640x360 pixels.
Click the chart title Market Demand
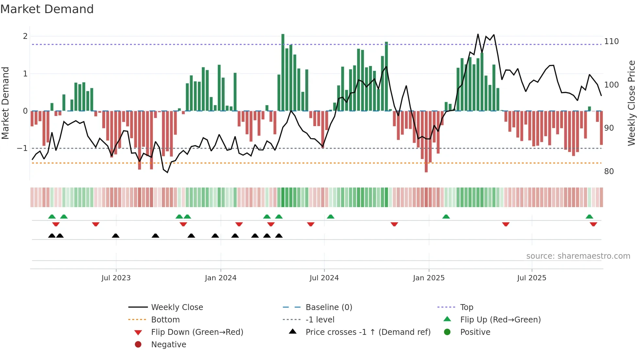point(47,9)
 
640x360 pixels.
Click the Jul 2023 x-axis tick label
point(116,278)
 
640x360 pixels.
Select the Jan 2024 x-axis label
point(220,278)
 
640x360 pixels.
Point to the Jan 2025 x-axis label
point(428,278)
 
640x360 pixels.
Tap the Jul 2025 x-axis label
point(531,278)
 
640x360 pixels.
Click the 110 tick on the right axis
point(611,41)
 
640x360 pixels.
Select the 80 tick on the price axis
point(609,172)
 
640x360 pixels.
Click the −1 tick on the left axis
point(22,148)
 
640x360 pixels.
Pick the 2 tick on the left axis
point(25,36)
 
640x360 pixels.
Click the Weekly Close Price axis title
point(632,103)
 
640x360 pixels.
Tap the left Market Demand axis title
point(5,103)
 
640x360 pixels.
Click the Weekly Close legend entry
point(177,307)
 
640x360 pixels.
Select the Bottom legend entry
point(165,320)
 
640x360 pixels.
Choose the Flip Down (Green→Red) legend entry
point(197,332)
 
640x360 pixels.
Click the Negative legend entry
point(168,345)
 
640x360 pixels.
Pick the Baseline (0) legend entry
point(328,307)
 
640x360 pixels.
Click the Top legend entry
point(466,307)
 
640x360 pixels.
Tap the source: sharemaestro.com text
point(578,256)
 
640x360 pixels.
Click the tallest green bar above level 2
point(283,72)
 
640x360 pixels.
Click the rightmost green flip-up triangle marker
point(589,217)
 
